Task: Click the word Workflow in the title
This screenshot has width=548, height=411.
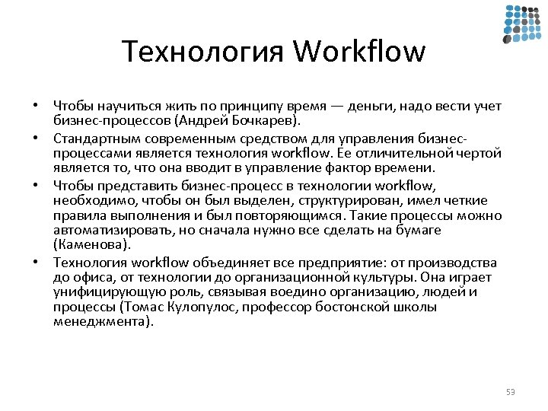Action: point(358,52)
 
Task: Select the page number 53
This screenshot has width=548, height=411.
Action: point(510,392)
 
